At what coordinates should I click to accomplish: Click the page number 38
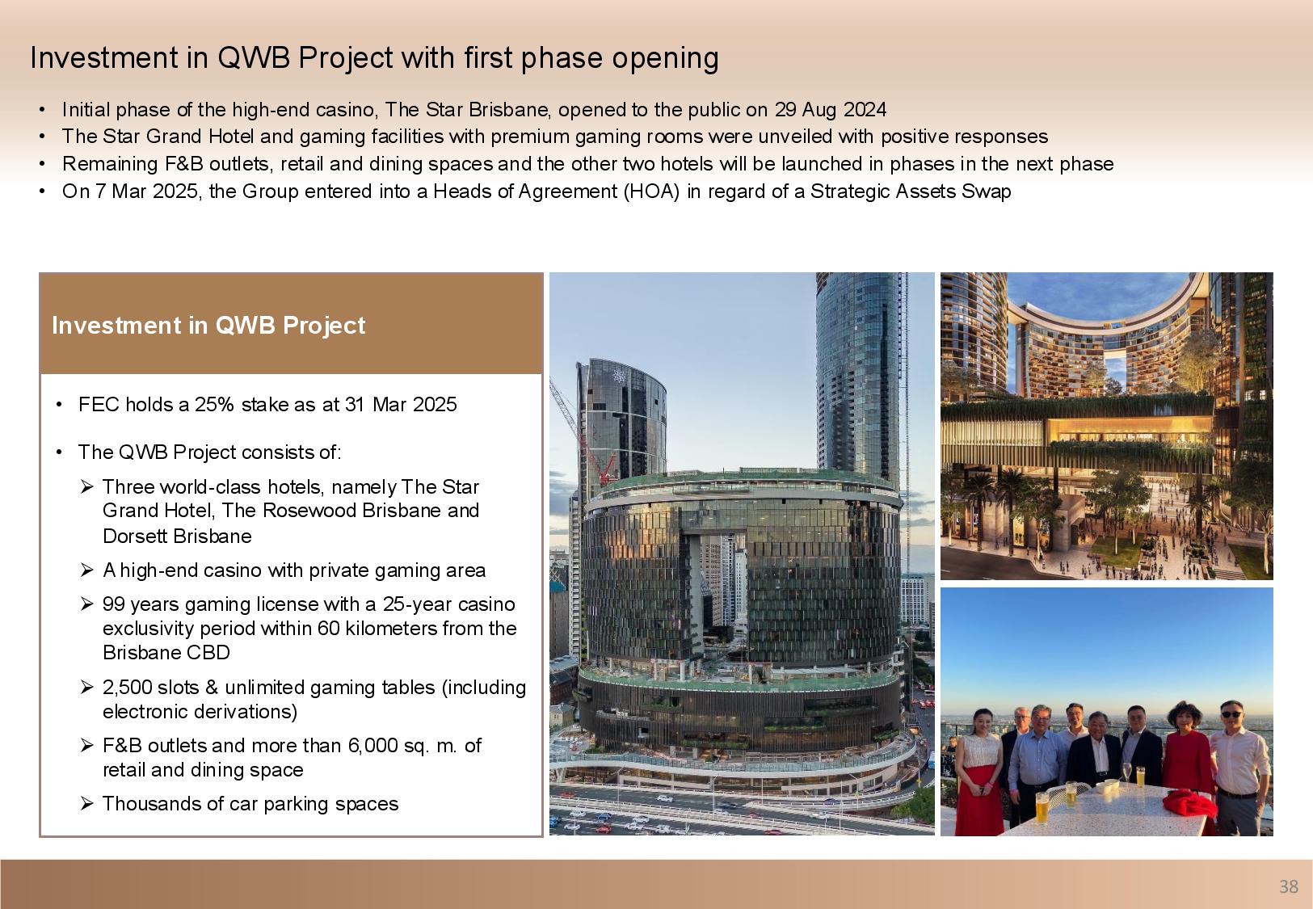(1289, 886)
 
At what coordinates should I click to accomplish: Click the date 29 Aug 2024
(831, 110)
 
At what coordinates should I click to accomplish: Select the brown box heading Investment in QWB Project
(208, 326)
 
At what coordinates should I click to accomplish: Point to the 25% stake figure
(214, 404)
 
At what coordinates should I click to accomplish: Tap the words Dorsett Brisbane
(177, 537)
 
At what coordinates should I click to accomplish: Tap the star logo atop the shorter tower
(618, 376)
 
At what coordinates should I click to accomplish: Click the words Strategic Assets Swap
(911, 191)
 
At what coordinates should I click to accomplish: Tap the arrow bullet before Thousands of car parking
(86, 803)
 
